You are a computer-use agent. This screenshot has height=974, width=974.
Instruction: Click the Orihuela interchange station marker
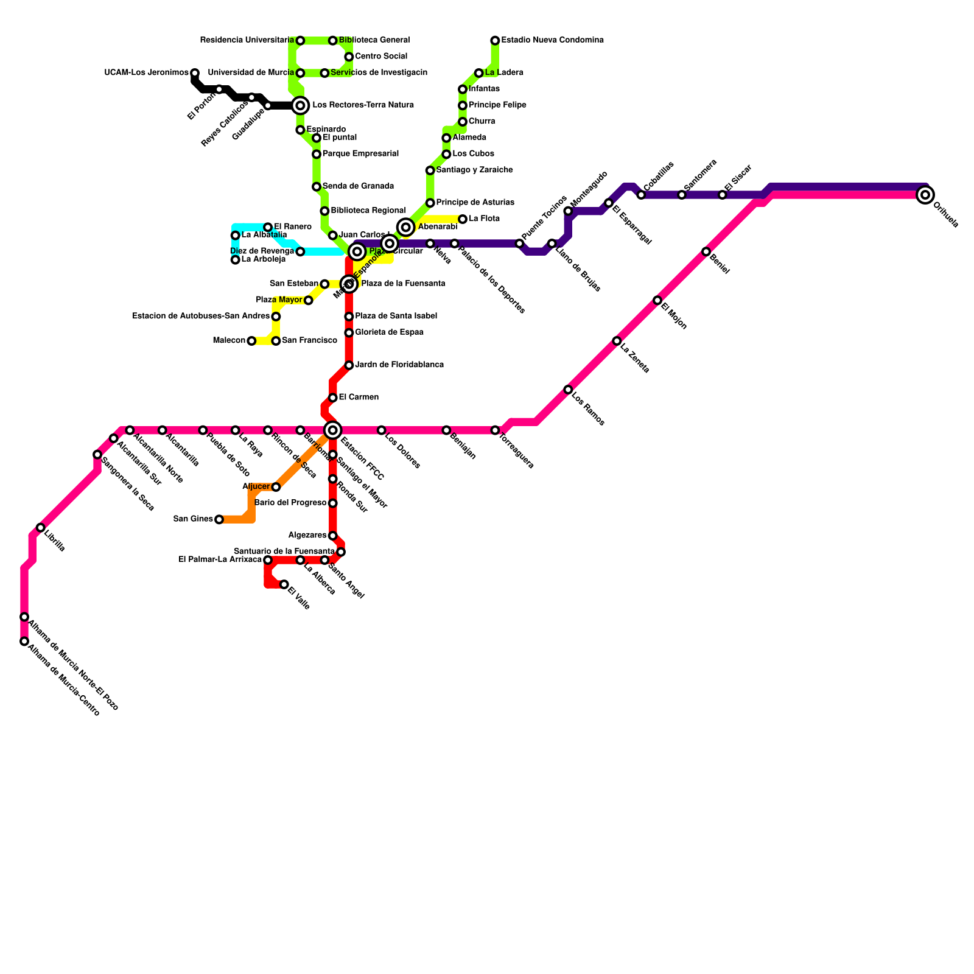pos(925,195)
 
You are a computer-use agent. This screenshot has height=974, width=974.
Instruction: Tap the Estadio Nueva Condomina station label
pos(552,40)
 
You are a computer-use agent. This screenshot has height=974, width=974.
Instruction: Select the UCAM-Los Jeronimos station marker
pos(195,73)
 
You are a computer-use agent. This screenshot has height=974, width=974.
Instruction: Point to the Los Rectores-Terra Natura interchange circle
pos(300,105)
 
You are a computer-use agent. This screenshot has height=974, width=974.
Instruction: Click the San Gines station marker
pos(219,519)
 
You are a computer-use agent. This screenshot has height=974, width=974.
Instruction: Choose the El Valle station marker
pos(284,584)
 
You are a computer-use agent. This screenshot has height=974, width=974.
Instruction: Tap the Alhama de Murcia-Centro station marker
pos(24,641)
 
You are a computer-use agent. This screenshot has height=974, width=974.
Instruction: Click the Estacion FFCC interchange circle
pos(333,430)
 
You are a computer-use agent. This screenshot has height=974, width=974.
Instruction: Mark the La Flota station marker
pos(463,219)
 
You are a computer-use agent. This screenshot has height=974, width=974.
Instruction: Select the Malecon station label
pos(229,341)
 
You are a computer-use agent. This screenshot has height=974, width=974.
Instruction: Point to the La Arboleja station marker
pos(236,260)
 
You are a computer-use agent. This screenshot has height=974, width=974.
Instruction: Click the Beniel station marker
pos(706,251)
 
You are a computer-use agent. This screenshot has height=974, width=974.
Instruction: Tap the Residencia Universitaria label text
pos(247,40)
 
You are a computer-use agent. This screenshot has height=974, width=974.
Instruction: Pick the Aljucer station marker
pos(276,487)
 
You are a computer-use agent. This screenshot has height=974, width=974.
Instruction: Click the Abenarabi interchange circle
pos(406,227)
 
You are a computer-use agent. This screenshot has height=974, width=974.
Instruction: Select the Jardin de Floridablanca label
pos(399,365)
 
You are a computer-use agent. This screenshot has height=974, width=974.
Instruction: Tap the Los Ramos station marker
pos(568,390)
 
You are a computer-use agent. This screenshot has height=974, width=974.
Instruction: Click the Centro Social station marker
pos(349,57)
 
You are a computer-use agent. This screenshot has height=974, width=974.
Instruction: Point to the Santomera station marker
pos(682,195)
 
